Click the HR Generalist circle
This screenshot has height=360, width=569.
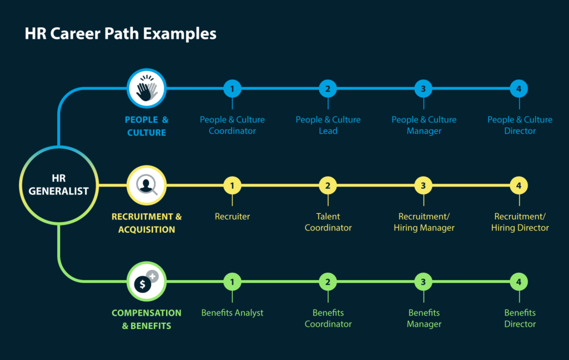[58, 185]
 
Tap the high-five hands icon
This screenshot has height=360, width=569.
[147, 88]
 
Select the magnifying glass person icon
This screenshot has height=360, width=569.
[147, 185]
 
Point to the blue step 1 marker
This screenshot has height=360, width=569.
[232, 88]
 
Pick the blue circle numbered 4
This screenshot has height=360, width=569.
[518, 88]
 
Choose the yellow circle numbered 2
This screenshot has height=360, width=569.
[328, 185]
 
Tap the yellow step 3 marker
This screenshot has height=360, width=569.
[423, 185]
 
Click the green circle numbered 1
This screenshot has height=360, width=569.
[232, 282]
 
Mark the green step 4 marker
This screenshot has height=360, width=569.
[518, 282]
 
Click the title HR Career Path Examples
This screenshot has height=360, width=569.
[121, 34]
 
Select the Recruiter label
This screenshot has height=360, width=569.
[232, 217]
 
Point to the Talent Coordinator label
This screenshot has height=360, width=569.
[328, 222]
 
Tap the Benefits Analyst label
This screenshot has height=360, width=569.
[232, 313]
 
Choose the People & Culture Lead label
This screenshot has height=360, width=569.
[328, 125]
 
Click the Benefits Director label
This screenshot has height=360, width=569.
[520, 318]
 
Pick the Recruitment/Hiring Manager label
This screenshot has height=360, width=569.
[424, 222]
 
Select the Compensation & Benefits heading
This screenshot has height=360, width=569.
[147, 319]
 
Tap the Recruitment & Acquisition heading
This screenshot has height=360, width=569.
[147, 223]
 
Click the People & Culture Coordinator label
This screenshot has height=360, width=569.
[232, 125]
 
